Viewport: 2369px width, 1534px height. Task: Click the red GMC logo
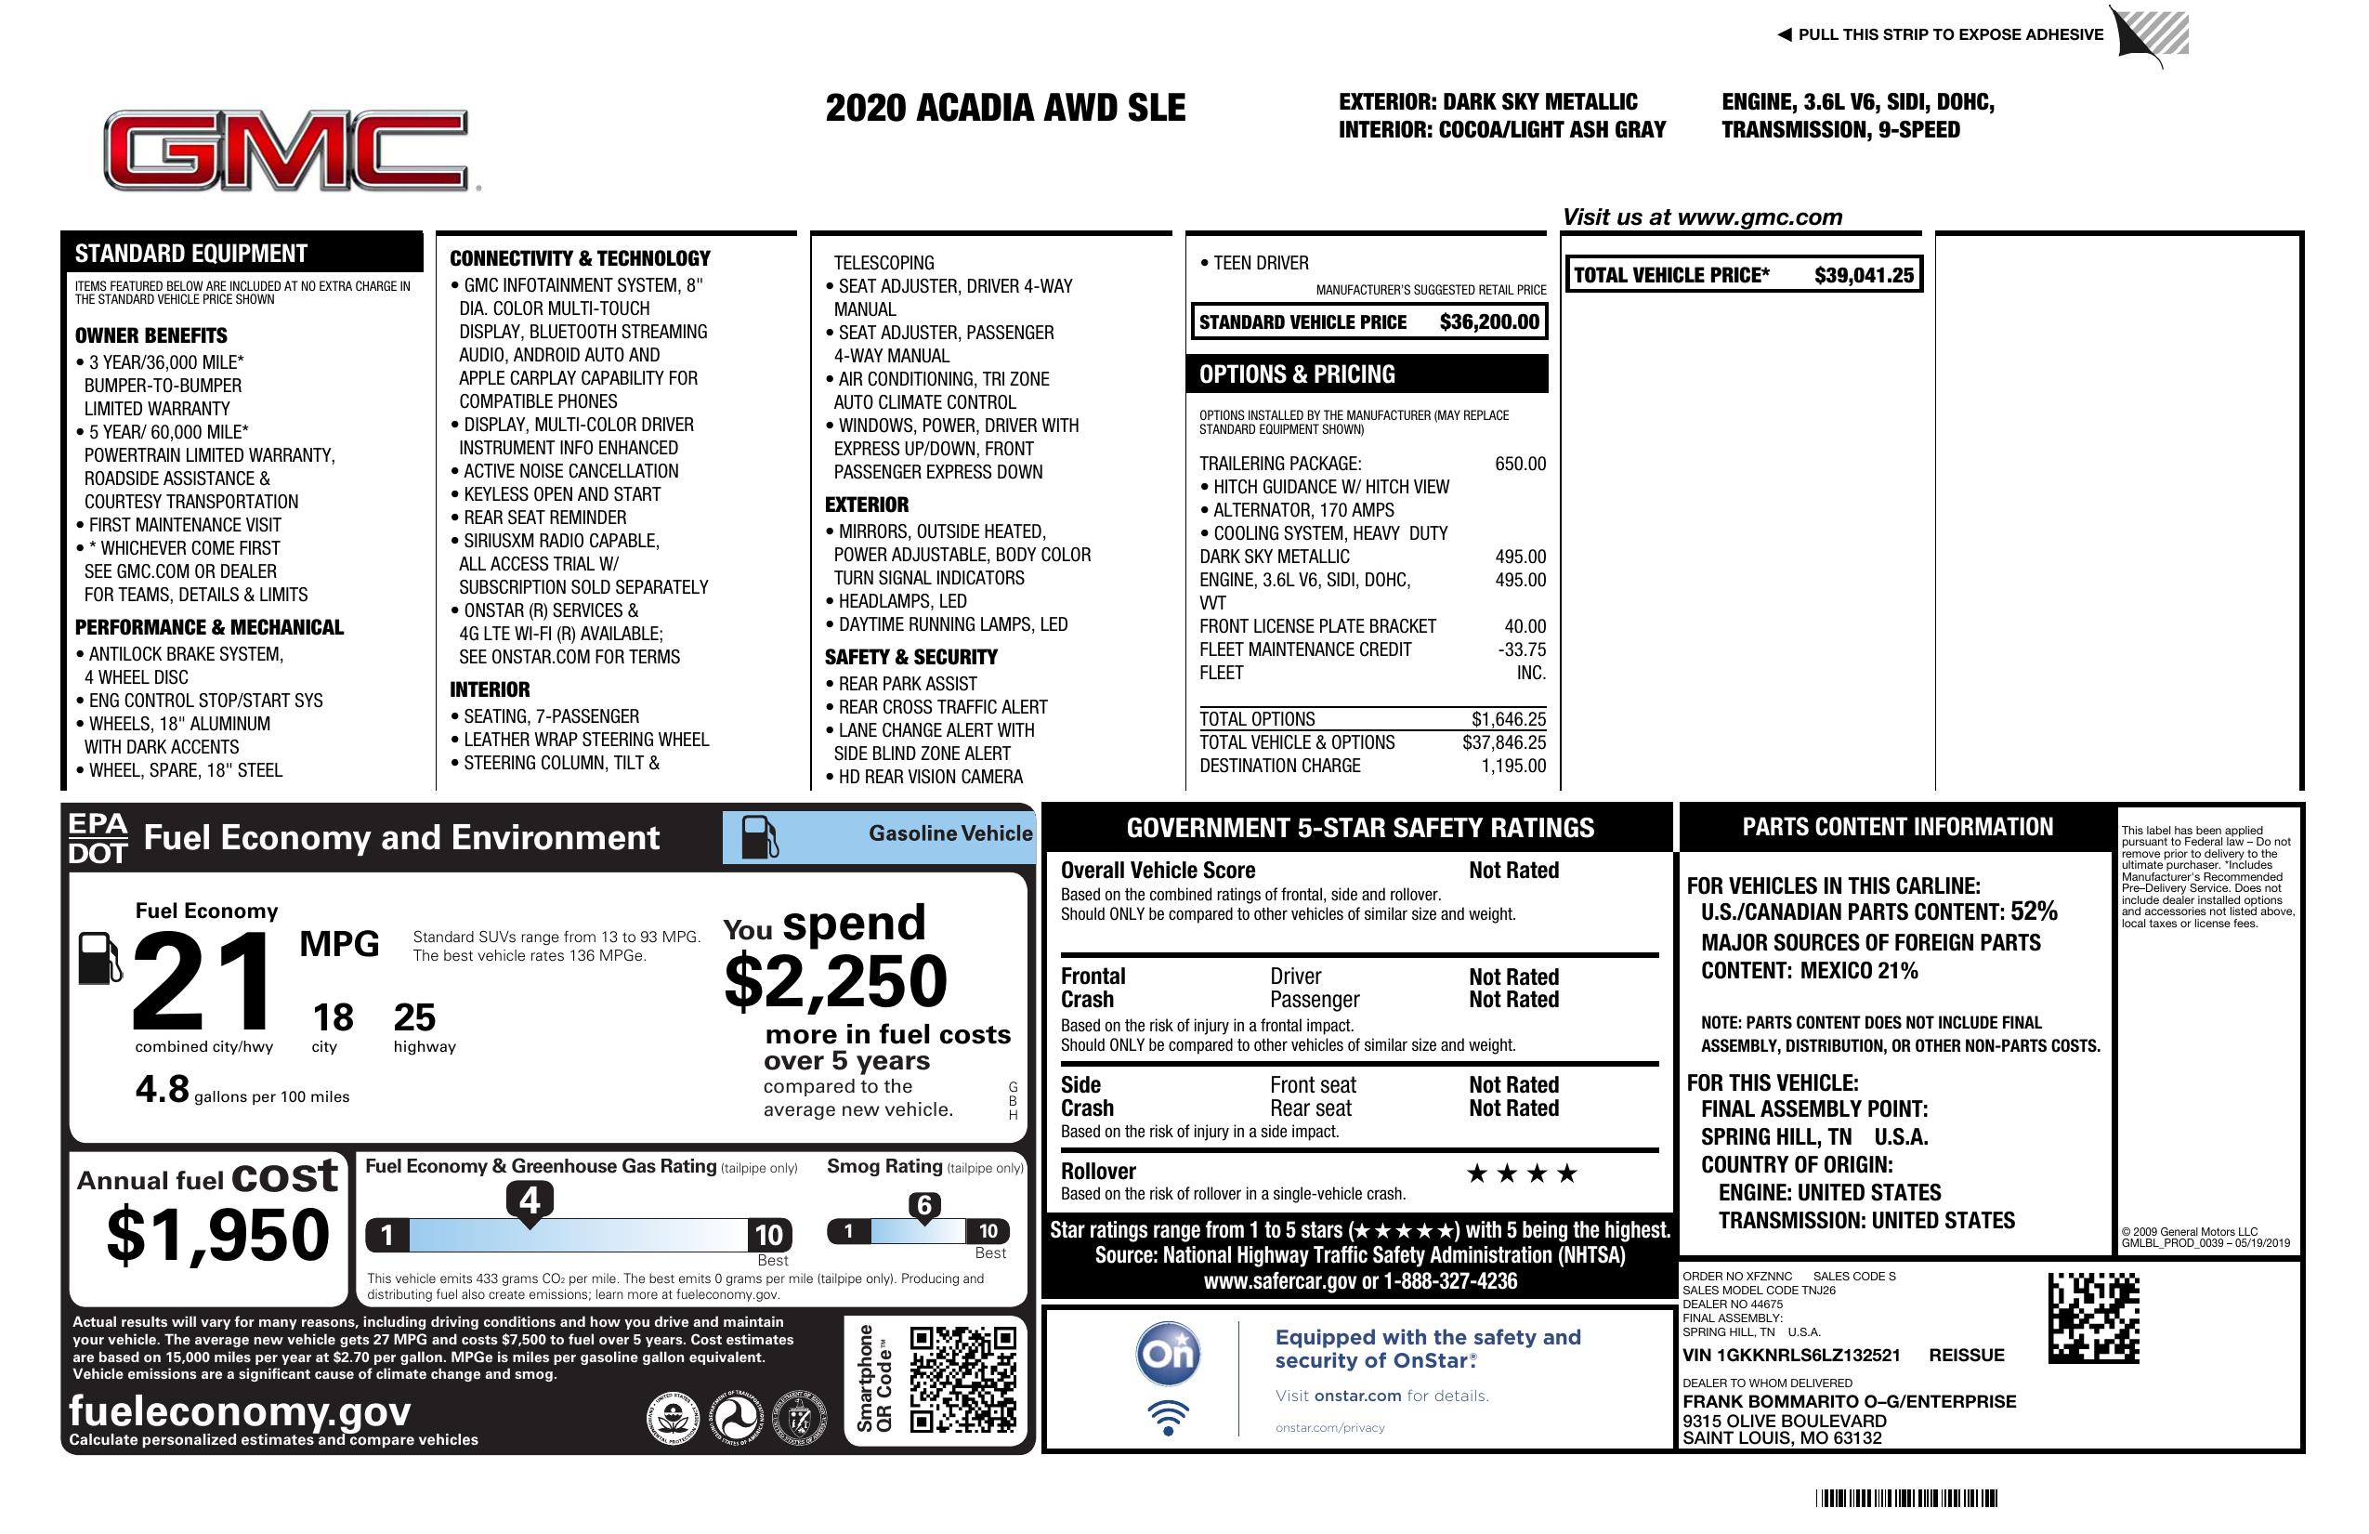[287, 151]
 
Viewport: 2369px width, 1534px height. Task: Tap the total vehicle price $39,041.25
[1863, 276]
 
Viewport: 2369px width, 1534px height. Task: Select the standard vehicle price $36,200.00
[1488, 322]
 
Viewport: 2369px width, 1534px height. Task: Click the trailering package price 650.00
[1520, 464]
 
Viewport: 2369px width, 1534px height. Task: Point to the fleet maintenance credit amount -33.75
[1522, 650]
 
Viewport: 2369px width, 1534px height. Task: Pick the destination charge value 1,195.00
[1513, 767]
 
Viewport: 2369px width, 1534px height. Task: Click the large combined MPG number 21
[203, 981]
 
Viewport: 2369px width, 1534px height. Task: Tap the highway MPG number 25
[414, 1017]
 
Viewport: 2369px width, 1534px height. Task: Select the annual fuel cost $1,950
[218, 1236]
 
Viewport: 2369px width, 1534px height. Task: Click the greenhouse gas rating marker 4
[530, 1200]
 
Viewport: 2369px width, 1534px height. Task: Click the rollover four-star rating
[1521, 1173]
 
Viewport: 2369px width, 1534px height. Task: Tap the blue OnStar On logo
[1168, 1354]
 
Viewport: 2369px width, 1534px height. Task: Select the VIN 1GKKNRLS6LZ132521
[1791, 1356]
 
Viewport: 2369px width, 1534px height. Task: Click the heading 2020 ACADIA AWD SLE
[1005, 109]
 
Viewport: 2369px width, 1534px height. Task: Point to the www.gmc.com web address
[1759, 217]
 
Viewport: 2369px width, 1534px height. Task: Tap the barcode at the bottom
[1906, 1498]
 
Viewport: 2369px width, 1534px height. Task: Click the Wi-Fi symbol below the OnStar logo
[1168, 1417]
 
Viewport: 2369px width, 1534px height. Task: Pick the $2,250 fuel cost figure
[836, 981]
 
